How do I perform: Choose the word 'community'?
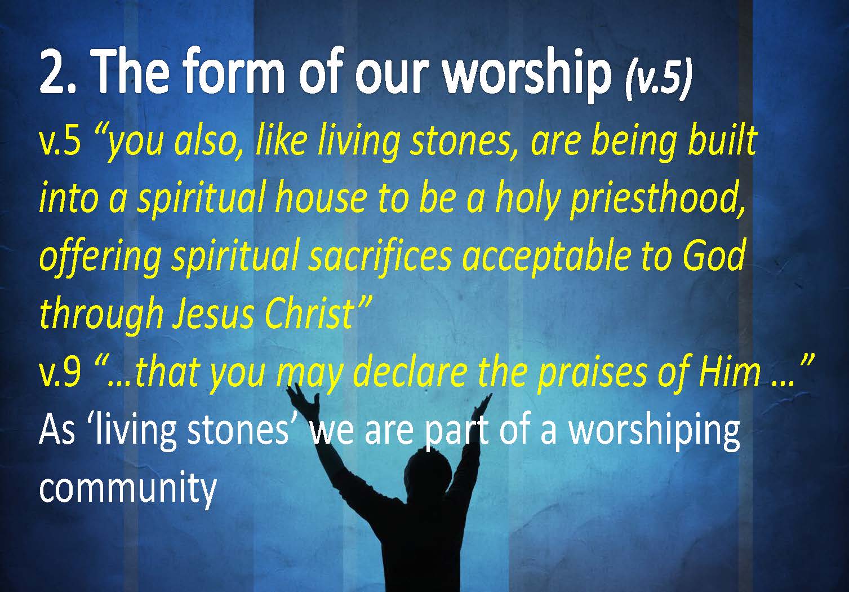coord(128,488)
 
